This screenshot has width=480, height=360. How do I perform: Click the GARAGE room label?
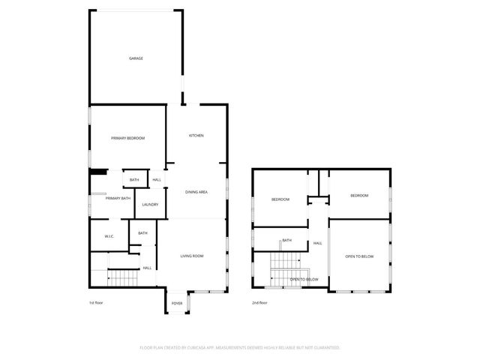point(136,58)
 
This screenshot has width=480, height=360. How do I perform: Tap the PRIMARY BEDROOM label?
point(127,138)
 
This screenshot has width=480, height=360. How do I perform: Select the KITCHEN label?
point(196,136)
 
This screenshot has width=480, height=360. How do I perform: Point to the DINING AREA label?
point(196,192)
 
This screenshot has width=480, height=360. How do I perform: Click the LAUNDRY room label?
point(149,205)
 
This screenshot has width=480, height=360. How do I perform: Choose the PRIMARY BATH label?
point(118,198)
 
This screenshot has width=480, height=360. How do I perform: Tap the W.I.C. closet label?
point(109,237)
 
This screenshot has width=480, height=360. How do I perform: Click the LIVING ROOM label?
point(192,256)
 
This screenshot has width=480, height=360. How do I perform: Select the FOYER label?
point(177,304)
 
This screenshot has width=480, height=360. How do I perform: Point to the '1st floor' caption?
point(95,303)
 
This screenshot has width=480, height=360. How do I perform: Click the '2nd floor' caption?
point(259,303)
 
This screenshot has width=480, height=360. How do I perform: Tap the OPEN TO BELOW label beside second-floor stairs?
point(304,279)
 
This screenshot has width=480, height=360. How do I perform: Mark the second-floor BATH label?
point(286,241)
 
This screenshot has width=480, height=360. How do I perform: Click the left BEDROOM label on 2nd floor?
point(280,199)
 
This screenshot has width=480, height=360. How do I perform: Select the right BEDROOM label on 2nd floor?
point(359,196)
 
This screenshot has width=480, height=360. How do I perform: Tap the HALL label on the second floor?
point(318,243)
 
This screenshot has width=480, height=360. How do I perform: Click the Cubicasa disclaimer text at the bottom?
point(240,347)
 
